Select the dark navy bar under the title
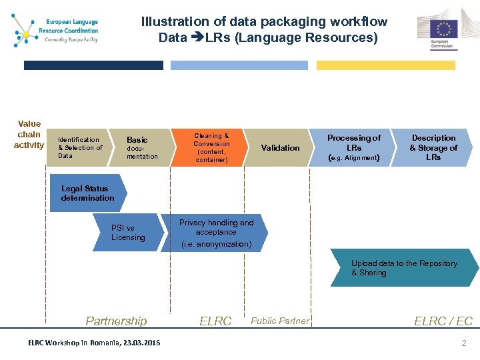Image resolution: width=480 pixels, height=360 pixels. (93, 65)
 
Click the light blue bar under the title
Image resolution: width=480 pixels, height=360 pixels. (239, 65)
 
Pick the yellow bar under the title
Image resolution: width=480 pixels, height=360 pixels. (385, 65)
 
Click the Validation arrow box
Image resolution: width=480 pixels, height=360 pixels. (280, 148)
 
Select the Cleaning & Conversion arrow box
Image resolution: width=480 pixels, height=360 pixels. (211, 148)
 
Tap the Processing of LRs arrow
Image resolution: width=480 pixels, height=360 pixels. (354, 148)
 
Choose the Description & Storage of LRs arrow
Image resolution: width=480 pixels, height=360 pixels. (433, 148)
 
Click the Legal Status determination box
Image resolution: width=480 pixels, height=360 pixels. (87, 193)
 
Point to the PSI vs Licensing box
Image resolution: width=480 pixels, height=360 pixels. (128, 233)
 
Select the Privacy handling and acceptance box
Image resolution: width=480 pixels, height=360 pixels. (216, 233)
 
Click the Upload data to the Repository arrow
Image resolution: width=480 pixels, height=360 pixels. (404, 268)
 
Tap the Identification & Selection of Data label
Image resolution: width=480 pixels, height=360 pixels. (80, 148)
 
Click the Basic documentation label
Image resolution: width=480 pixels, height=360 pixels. (141, 148)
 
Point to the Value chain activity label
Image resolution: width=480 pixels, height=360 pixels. (29, 134)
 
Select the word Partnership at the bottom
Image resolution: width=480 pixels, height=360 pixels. (116, 321)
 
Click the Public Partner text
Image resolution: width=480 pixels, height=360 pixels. (280, 321)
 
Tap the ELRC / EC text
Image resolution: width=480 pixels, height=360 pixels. (443, 321)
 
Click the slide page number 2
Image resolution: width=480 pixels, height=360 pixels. (463, 343)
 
